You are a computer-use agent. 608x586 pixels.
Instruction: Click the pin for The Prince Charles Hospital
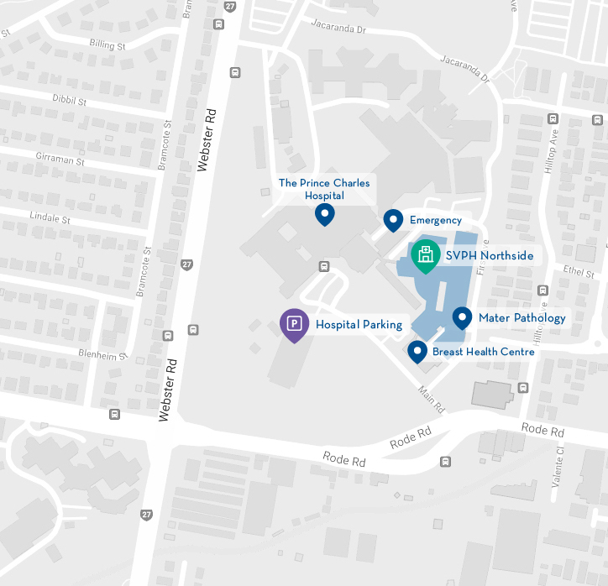click(x=325, y=215)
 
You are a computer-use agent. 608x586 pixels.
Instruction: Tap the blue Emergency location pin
click(x=393, y=220)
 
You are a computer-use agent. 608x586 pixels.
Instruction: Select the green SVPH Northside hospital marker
click(x=426, y=255)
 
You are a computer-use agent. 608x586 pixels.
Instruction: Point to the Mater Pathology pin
click(x=462, y=317)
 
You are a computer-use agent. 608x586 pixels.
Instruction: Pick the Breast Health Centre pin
click(x=417, y=351)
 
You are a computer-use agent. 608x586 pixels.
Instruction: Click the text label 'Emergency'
click(x=435, y=221)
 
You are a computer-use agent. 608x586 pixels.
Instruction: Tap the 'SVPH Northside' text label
click(x=490, y=256)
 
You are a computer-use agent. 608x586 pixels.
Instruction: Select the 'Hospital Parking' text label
click(x=359, y=325)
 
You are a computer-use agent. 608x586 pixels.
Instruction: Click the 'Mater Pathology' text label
click(x=522, y=318)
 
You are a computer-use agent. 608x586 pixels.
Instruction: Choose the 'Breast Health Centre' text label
click(x=483, y=352)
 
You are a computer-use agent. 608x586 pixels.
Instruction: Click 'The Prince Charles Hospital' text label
click(x=324, y=189)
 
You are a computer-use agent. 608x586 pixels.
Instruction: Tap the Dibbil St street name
click(x=70, y=102)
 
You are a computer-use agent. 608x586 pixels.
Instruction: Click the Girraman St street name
click(x=60, y=159)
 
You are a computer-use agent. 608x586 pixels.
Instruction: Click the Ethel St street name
click(x=579, y=273)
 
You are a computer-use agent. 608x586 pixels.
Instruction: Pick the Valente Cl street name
click(x=561, y=463)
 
